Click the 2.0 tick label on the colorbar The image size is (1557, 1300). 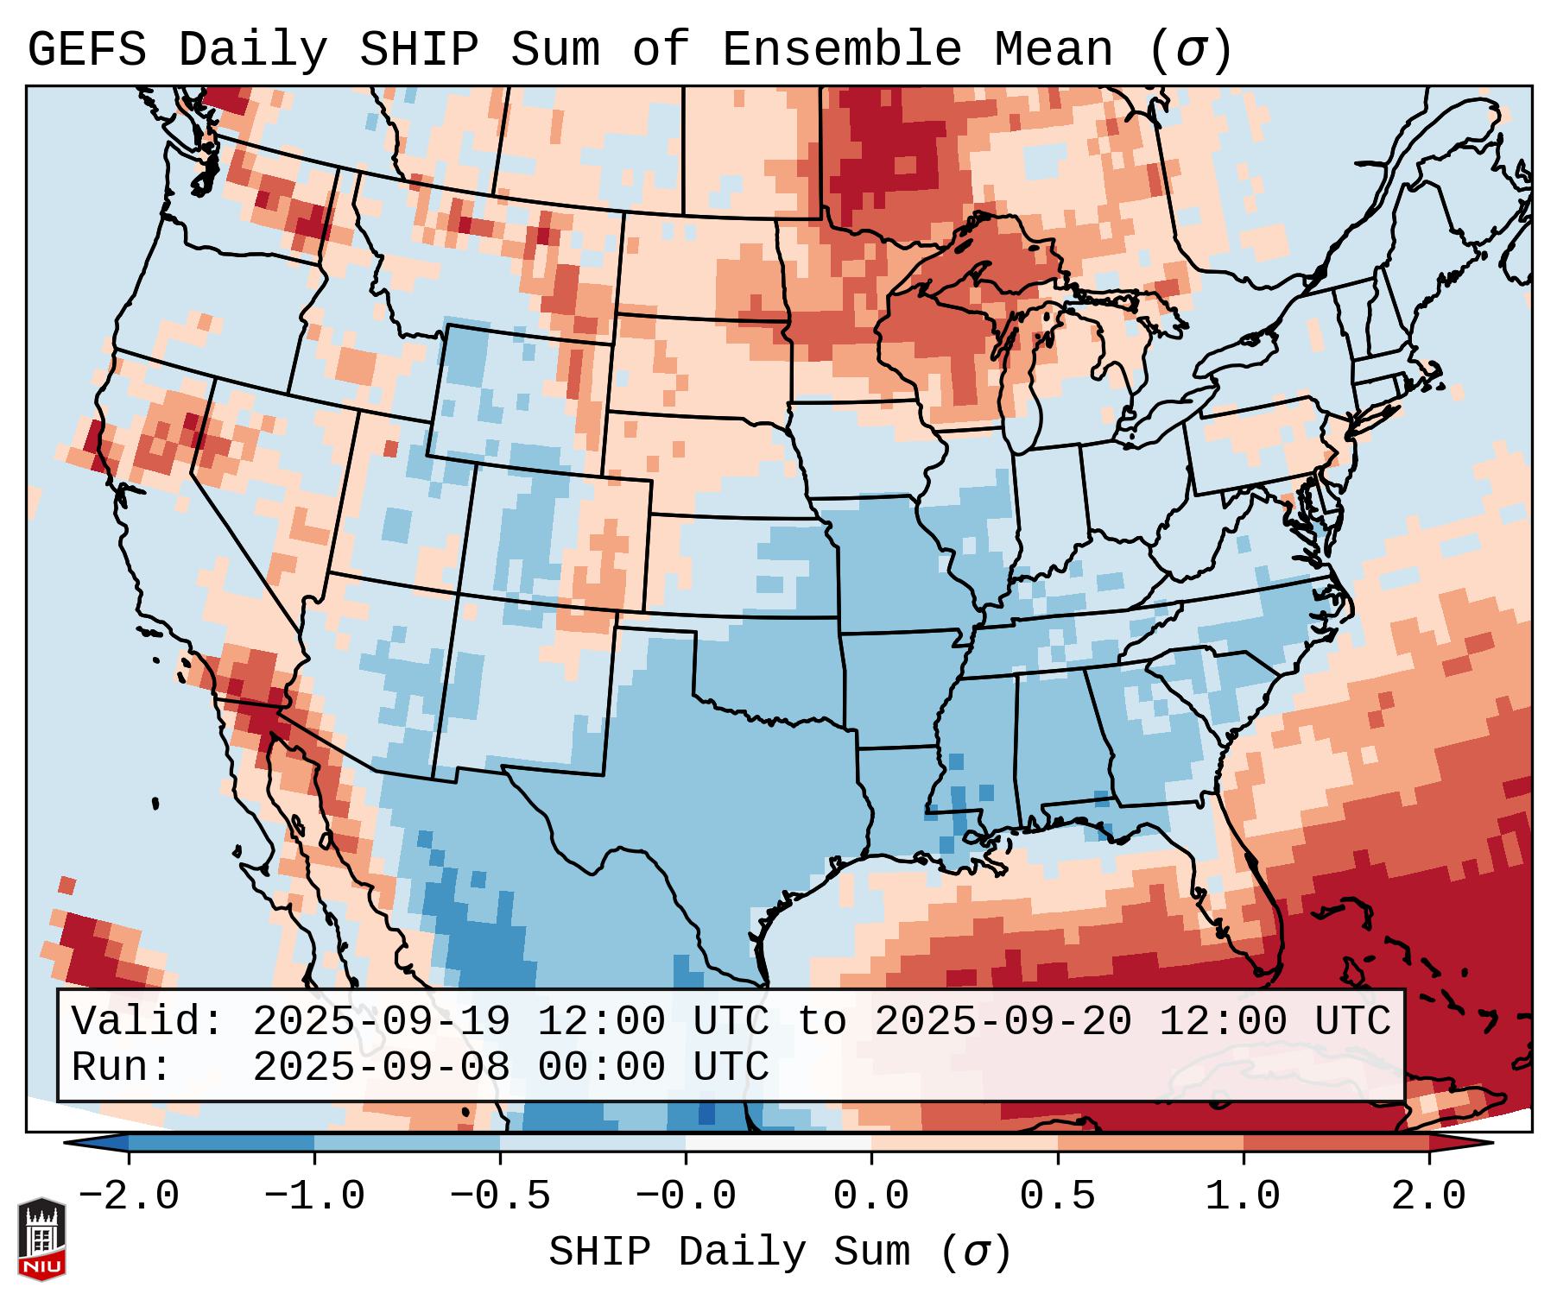pyautogui.click(x=1428, y=1196)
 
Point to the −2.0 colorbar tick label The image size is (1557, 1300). pyautogui.click(x=129, y=1196)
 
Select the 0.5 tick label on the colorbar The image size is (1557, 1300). pyautogui.click(x=1057, y=1196)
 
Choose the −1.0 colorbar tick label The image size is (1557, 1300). pyautogui.click(x=313, y=1196)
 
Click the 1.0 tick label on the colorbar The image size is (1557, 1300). pyautogui.click(x=1243, y=1196)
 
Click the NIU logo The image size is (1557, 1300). pyautogui.click(x=41, y=1239)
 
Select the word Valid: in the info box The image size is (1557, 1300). pyautogui.click(x=148, y=1021)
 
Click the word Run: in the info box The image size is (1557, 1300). pyautogui.click(x=122, y=1067)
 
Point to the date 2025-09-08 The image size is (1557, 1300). pyautogui.click(x=381, y=1067)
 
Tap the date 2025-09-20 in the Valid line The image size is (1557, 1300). pyautogui.click(x=1003, y=1021)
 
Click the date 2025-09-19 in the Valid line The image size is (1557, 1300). pyautogui.click(x=381, y=1021)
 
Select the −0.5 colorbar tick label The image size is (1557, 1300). pyautogui.click(x=499, y=1196)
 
